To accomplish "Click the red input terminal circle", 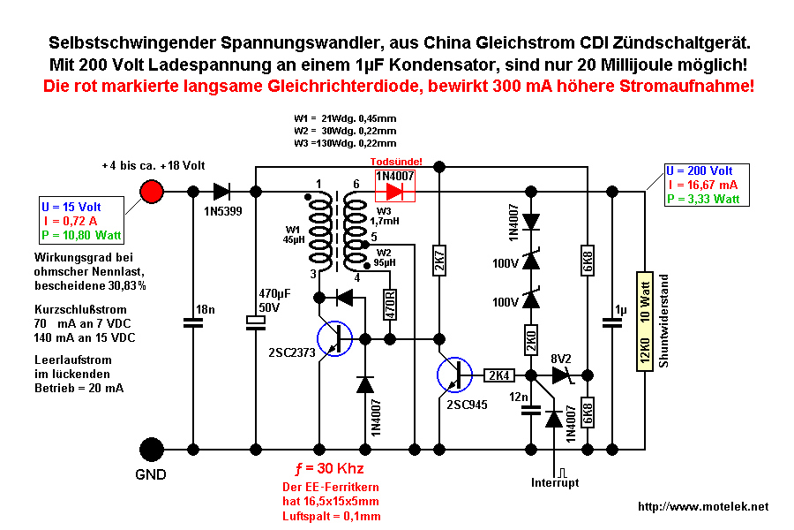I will pyautogui.click(x=152, y=191).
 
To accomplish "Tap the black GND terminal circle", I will pyautogui.click(x=152, y=449).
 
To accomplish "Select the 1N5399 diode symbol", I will pyautogui.click(x=220, y=191).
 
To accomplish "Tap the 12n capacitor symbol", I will pyautogui.click(x=530, y=409).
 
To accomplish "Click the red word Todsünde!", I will pyautogui.click(x=397, y=162).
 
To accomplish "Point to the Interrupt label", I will pyautogui.click(x=557, y=482).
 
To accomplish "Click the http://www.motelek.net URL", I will pyautogui.click(x=703, y=507).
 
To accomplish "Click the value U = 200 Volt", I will pyautogui.click(x=700, y=171).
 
